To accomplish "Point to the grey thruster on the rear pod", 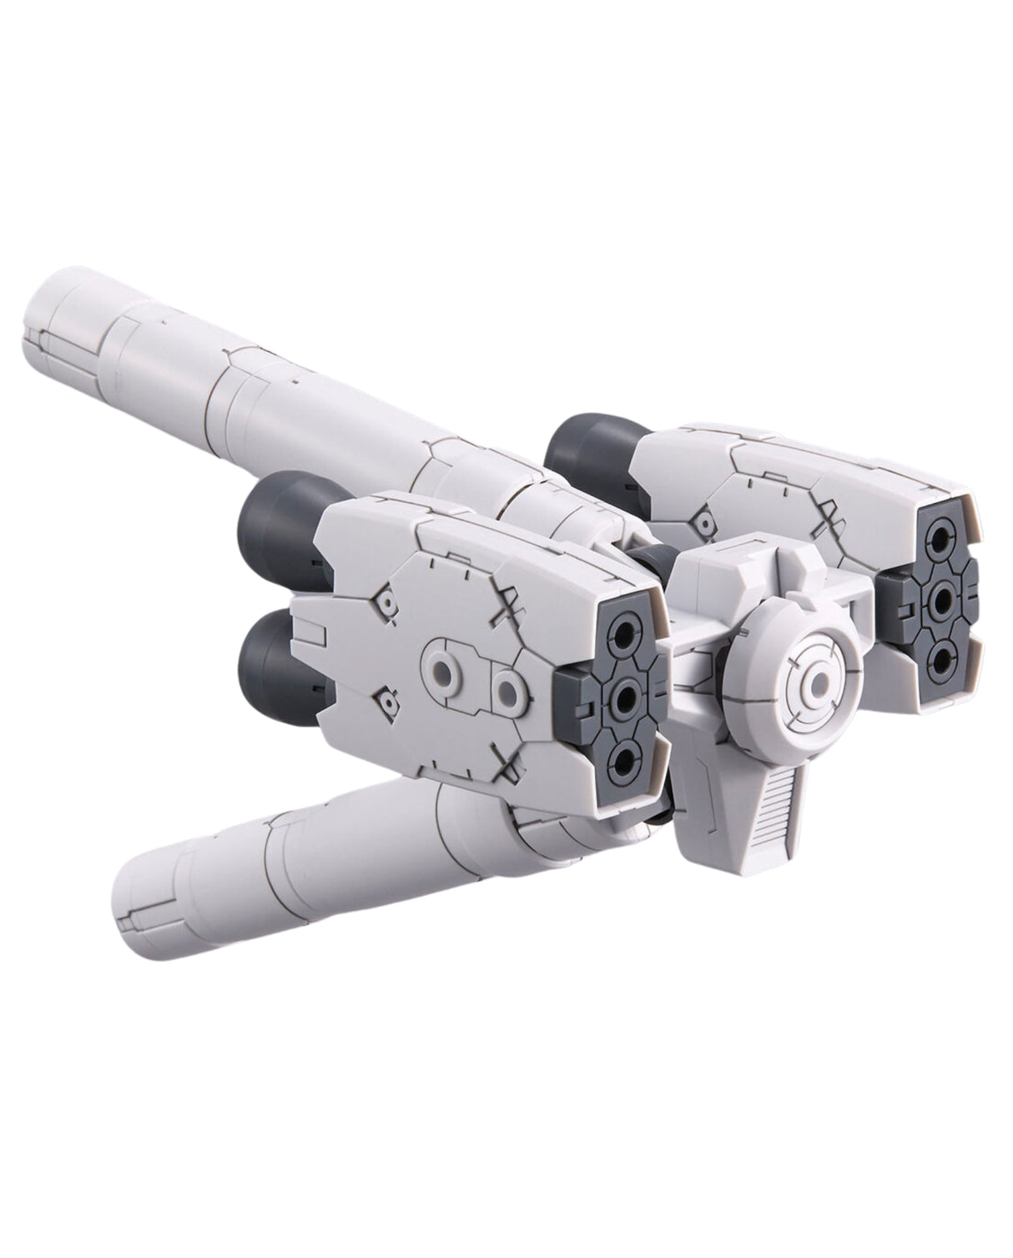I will (x=584, y=455).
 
